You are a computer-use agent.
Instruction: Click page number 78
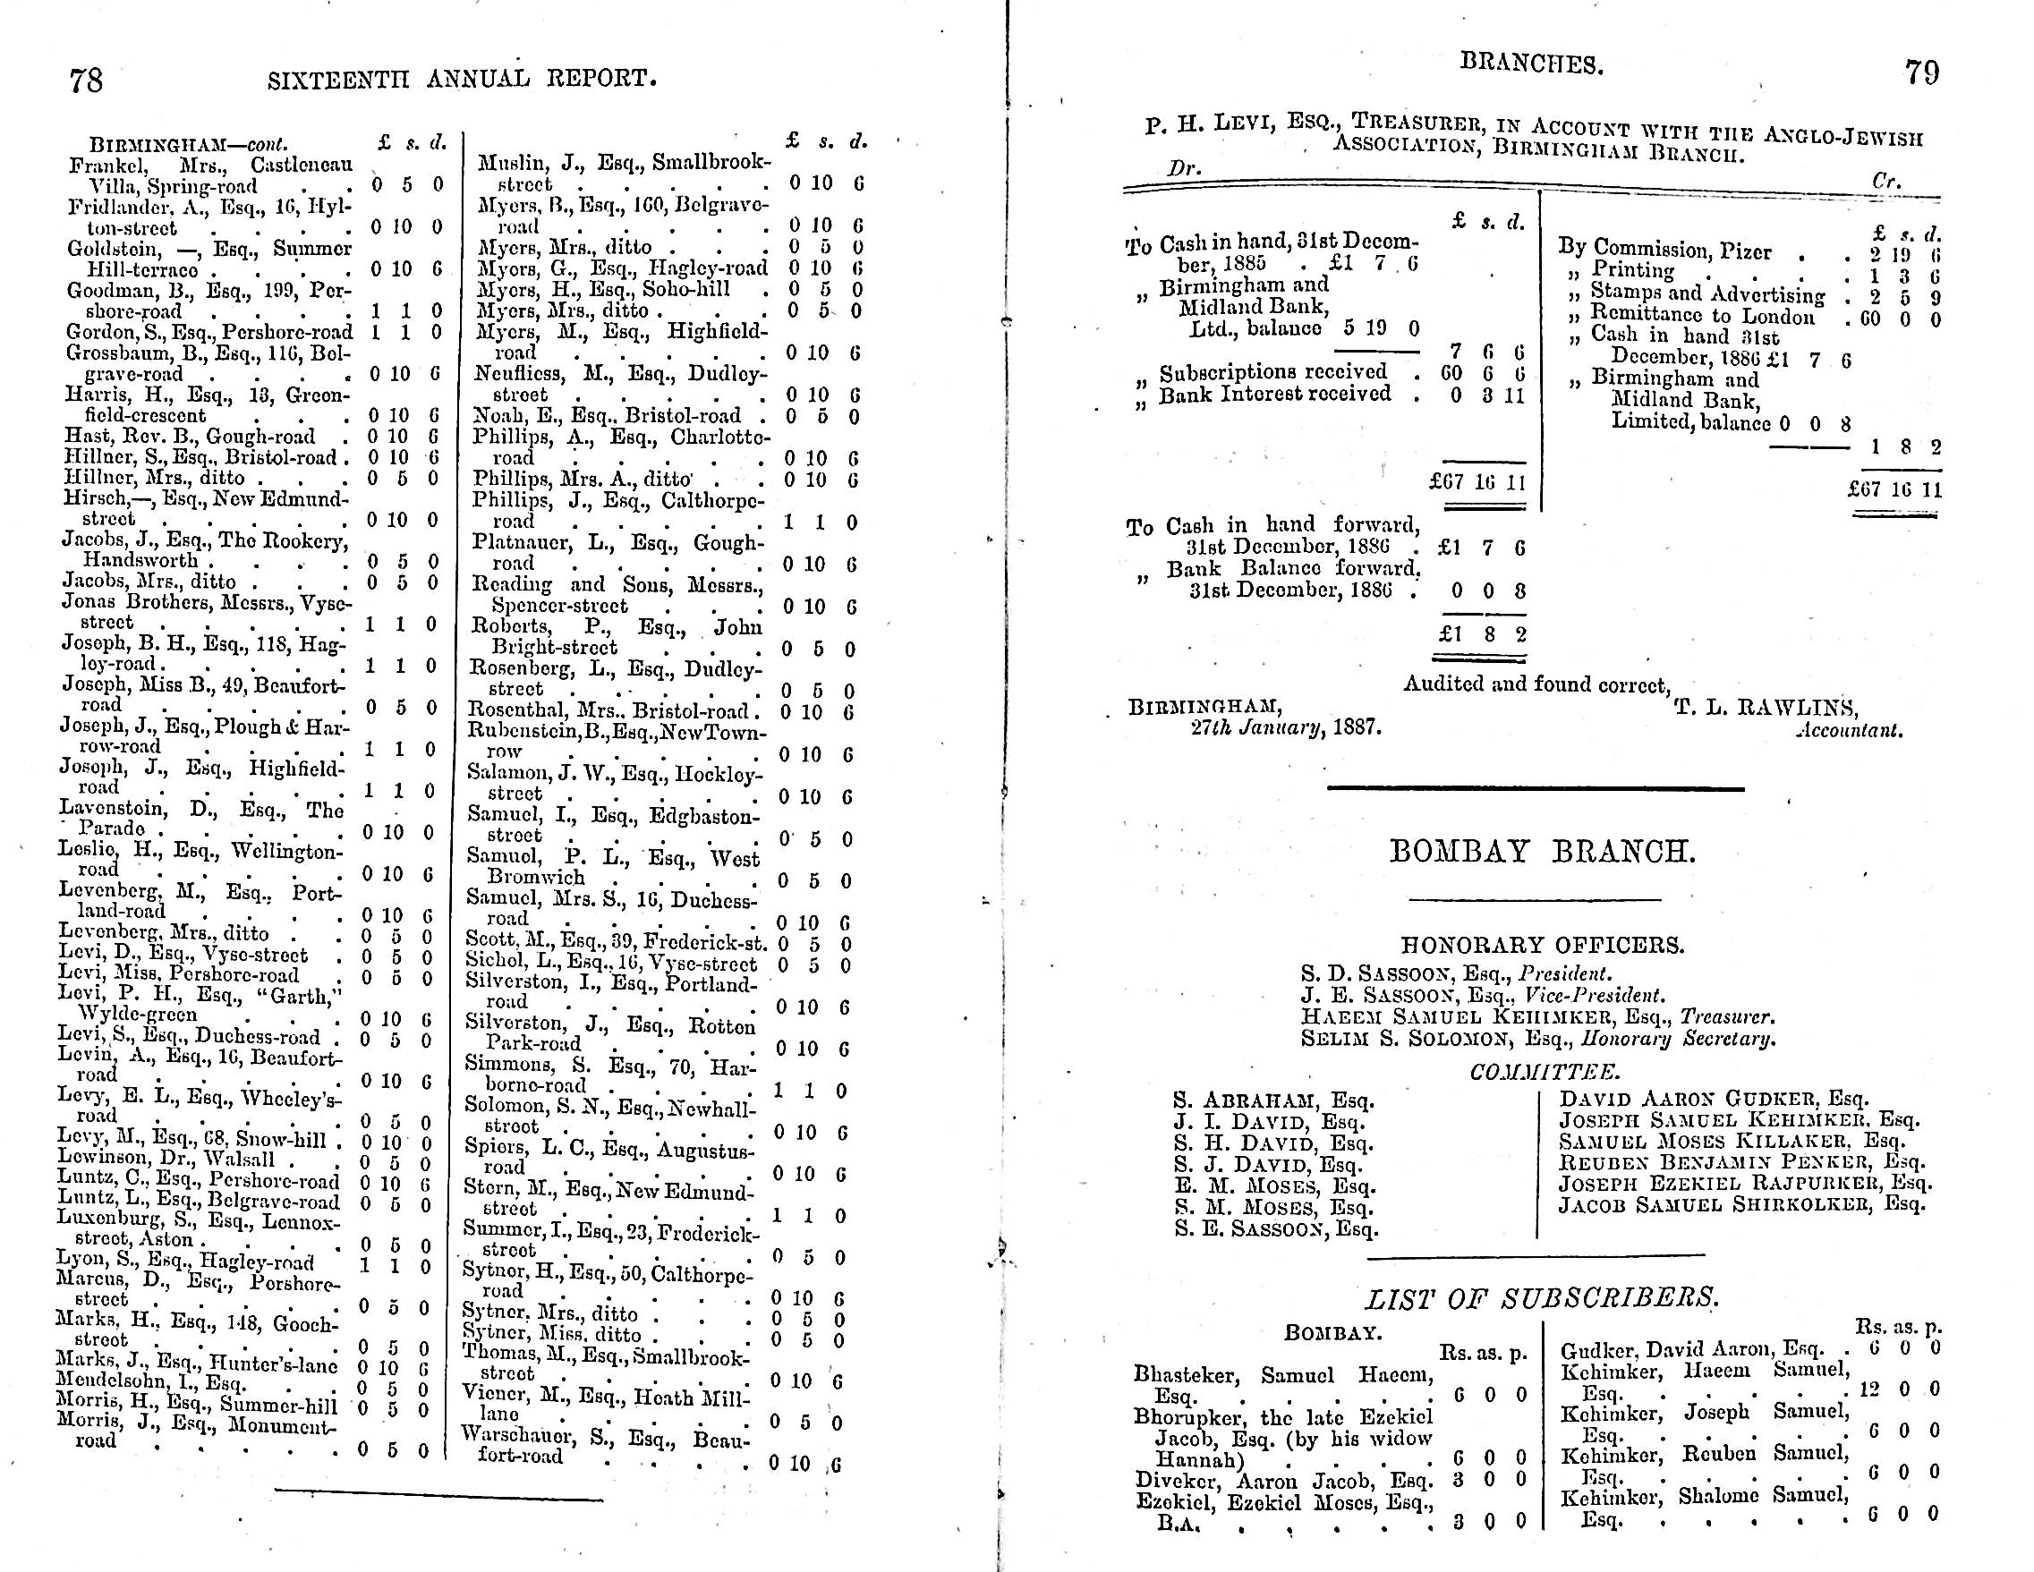[86, 81]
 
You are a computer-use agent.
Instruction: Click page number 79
[1922, 72]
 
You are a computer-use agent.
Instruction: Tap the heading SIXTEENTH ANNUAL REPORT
[462, 79]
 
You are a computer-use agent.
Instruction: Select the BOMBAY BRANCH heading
[1542, 851]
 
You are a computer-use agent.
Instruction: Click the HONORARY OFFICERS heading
[1542, 945]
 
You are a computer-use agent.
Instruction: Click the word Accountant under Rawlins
[1849, 731]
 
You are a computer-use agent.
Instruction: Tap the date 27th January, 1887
[1285, 727]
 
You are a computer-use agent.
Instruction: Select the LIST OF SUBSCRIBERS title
[1542, 1297]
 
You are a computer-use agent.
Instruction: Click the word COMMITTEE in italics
[1545, 1073]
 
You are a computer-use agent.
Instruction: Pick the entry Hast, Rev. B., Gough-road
[190, 437]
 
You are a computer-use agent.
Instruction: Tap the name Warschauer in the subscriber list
[523, 1436]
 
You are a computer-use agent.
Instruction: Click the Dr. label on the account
[1184, 169]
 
